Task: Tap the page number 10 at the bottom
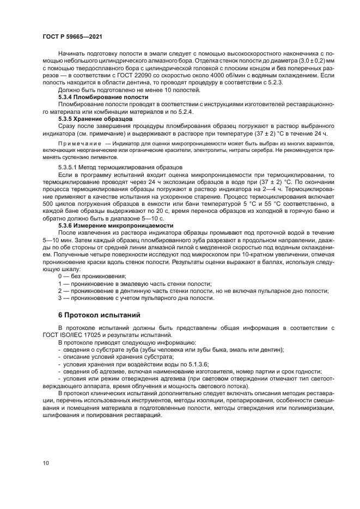pos(46,463)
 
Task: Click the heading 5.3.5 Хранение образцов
pos(95,118)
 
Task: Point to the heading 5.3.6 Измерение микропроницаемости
pos(115,225)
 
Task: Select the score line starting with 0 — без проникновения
pos(84,277)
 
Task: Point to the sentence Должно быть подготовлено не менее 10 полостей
pos(124,89)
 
